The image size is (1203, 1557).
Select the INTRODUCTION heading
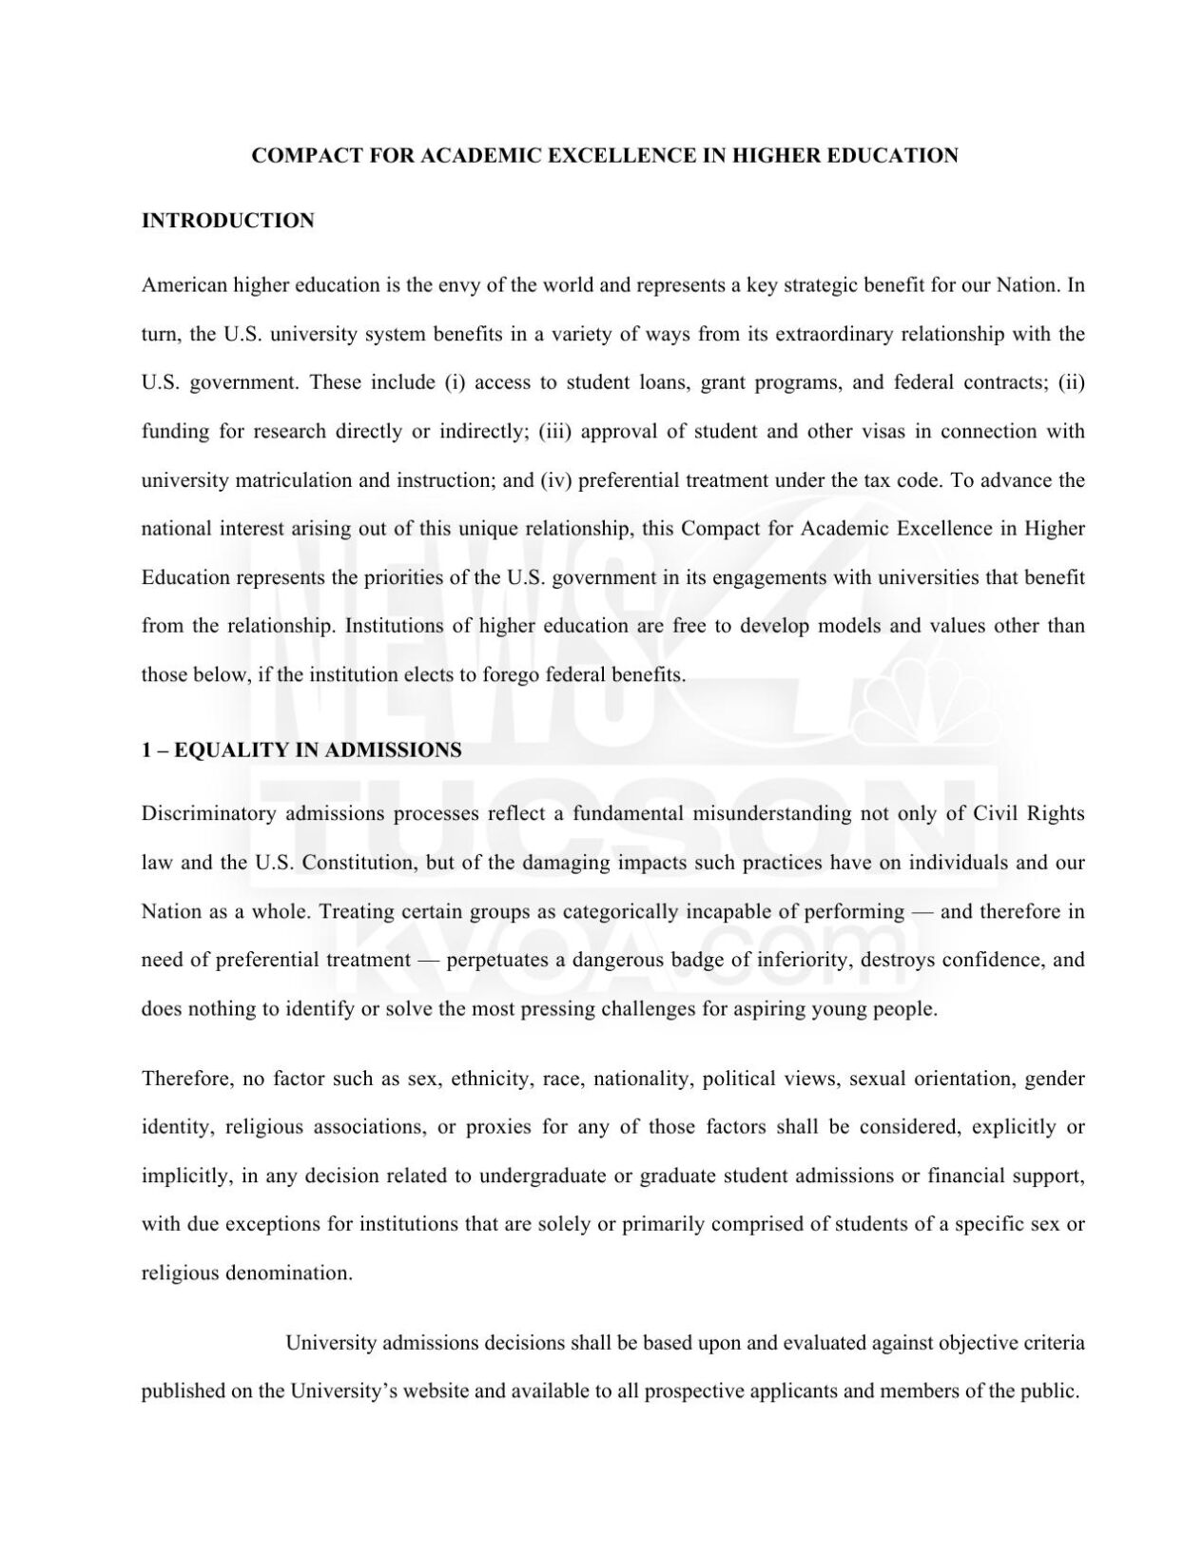tap(227, 222)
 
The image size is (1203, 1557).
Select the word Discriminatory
tap(208, 814)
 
